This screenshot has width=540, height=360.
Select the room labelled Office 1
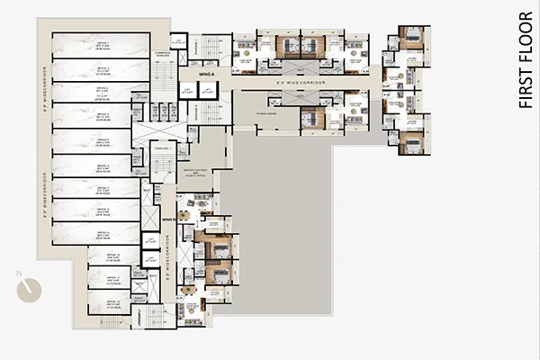[102, 46]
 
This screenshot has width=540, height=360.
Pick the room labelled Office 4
[102, 117]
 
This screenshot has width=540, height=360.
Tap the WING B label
[166, 218]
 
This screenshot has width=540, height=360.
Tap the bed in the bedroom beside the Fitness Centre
[307, 118]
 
